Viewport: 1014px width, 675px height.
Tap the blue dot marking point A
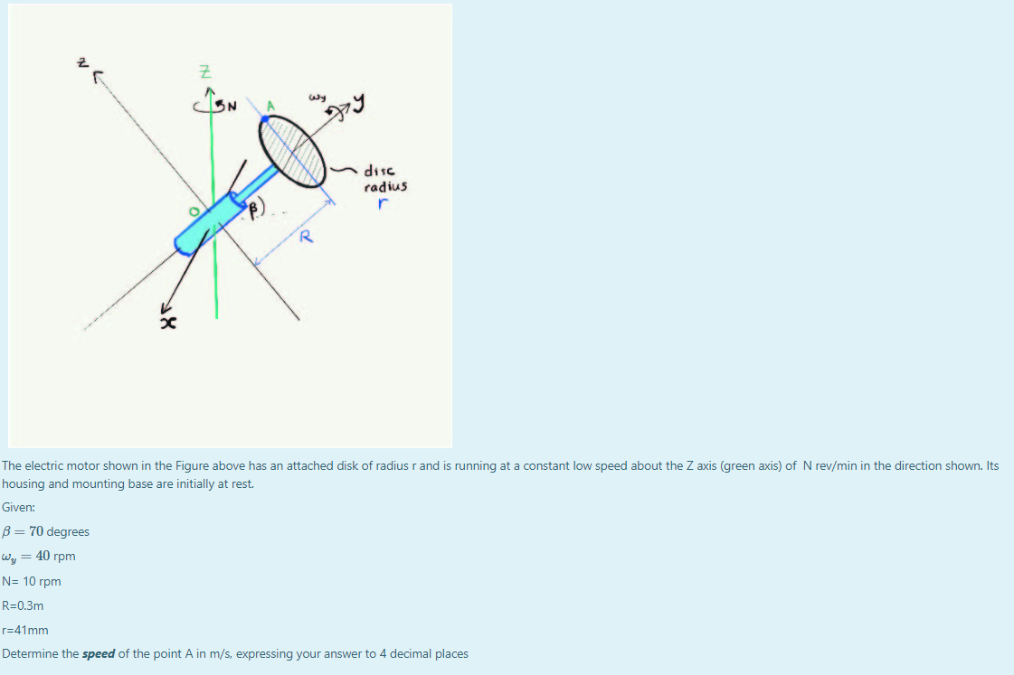pyautogui.click(x=265, y=117)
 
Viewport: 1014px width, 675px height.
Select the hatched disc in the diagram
pyautogui.click(x=294, y=150)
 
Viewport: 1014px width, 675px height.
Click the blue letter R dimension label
pyautogui.click(x=307, y=238)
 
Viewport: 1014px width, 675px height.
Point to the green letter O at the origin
pyautogui.click(x=193, y=211)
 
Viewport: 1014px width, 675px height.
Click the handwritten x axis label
pyautogui.click(x=166, y=322)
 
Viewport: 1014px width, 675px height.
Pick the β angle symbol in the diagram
pyautogui.click(x=256, y=209)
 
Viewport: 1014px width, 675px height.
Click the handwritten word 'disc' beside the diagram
pyautogui.click(x=378, y=171)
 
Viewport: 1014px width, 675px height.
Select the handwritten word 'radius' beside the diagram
pyautogui.click(x=385, y=187)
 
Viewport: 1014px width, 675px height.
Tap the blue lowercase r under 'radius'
pyautogui.click(x=384, y=205)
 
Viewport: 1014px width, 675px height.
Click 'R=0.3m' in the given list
pyautogui.click(x=24, y=605)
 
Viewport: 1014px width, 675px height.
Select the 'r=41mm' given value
pyautogui.click(x=25, y=630)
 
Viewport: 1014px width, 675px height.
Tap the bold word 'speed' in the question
pyautogui.click(x=98, y=653)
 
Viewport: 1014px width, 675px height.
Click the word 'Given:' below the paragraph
pyautogui.click(x=18, y=508)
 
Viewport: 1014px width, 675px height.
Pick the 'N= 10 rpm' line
pyautogui.click(x=32, y=581)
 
